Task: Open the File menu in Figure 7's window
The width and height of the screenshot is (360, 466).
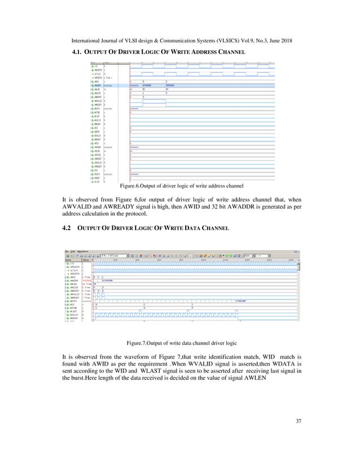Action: coord(66,252)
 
